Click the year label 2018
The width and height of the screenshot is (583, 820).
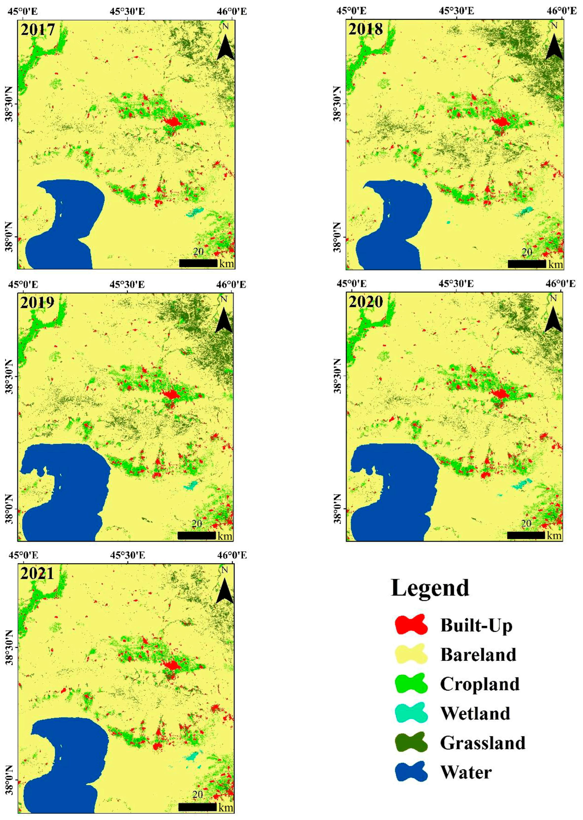pyautogui.click(x=366, y=29)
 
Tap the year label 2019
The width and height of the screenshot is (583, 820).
pyautogui.click(x=37, y=302)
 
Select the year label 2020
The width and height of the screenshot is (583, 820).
pyautogui.click(x=366, y=302)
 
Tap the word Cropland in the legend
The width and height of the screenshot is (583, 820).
pyautogui.click(x=480, y=683)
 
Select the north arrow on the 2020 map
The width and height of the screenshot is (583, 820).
pyautogui.click(x=553, y=320)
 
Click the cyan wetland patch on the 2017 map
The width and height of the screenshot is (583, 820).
pyautogui.click(x=195, y=212)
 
